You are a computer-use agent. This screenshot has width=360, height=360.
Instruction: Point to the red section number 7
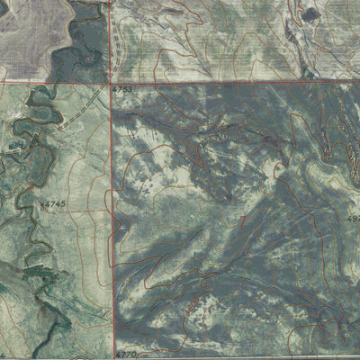[x=243, y=219]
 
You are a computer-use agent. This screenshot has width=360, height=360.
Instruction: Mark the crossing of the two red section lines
[x=114, y=82]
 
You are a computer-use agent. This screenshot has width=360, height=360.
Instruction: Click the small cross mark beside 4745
[x=40, y=205]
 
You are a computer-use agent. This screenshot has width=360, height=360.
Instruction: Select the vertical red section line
[x=114, y=225]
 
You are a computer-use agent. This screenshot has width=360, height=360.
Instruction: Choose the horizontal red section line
[x=234, y=82]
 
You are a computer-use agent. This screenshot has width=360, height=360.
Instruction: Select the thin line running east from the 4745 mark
[x=81, y=209]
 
